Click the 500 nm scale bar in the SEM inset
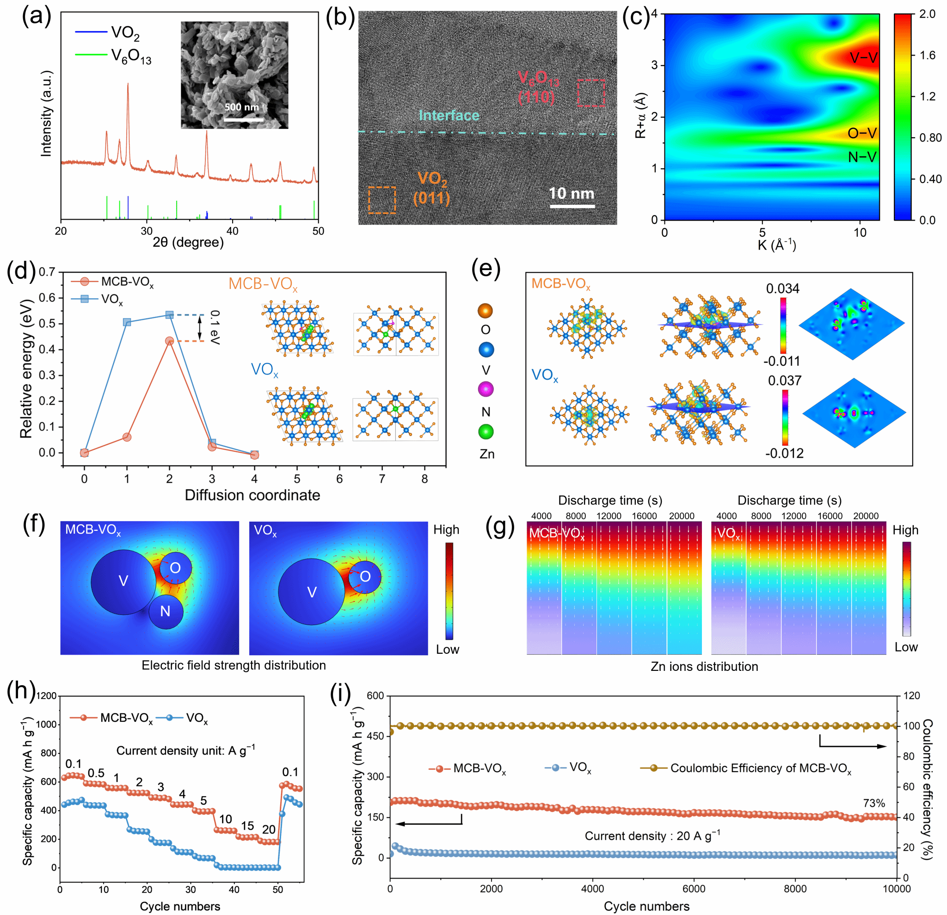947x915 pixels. pyautogui.click(x=244, y=119)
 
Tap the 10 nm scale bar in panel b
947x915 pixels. pyautogui.click(x=572, y=207)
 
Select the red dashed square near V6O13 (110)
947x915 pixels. pyautogui.click(x=591, y=93)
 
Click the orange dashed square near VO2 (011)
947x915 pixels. pyautogui.click(x=381, y=200)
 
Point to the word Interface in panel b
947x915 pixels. pyautogui.click(x=449, y=116)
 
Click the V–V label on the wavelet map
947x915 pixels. pyautogui.click(x=863, y=58)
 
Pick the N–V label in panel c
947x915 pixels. pyautogui.click(x=862, y=157)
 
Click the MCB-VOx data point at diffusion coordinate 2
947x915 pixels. pyautogui.click(x=170, y=341)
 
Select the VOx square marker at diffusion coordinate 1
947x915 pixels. pyautogui.click(x=127, y=322)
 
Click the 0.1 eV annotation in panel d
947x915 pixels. pyautogui.click(x=215, y=327)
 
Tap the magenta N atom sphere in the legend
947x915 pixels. pyautogui.click(x=486, y=389)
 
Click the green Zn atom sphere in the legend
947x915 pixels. pyautogui.click(x=486, y=431)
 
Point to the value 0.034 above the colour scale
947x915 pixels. pyautogui.click(x=782, y=289)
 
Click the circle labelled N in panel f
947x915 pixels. pyautogui.click(x=166, y=612)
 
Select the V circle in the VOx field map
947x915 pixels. pyautogui.click(x=312, y=592)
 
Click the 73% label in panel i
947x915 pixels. pyautogui.click(x=873, y=804)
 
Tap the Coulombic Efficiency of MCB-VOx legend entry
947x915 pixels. pyautogui.click(x=760, y=768)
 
